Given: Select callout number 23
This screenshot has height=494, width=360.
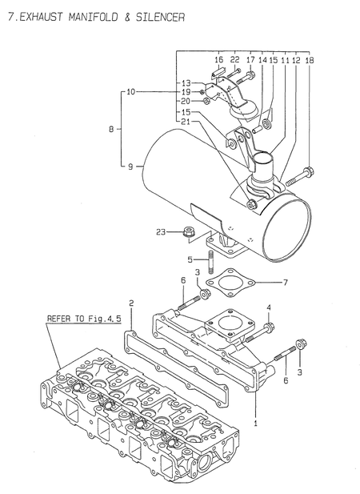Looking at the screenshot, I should point(162,232).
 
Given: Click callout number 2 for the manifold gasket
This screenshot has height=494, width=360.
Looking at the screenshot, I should point(130,303).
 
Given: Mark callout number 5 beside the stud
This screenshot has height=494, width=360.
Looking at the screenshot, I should point(190,259).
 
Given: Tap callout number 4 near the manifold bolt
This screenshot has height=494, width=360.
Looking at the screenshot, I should point(269,307).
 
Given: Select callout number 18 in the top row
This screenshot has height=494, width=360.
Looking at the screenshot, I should point(310,60).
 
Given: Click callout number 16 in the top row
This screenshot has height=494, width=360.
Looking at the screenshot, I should point(218,60).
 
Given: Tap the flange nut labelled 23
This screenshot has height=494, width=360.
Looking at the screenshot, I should point(190,233).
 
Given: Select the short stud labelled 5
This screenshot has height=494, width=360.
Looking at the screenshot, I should point(211,262).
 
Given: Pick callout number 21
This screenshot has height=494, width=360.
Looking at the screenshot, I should point(186,121).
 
